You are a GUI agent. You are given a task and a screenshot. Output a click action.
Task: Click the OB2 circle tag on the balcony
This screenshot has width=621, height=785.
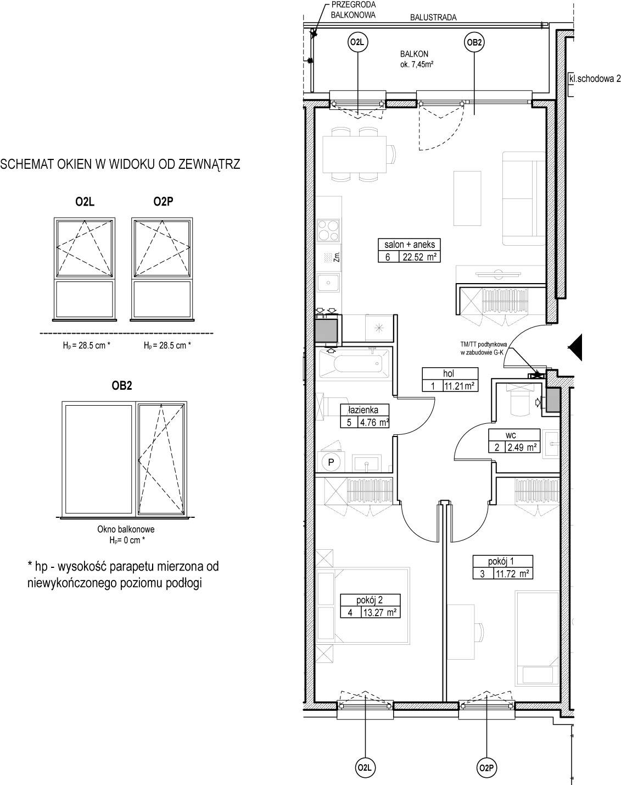(474, 42)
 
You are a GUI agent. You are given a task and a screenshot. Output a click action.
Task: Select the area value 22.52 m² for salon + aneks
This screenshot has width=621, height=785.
(419, 257)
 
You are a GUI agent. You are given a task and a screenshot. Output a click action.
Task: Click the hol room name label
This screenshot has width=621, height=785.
(449, 373)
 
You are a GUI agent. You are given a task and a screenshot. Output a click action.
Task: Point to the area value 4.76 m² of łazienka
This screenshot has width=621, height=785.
(373, 422)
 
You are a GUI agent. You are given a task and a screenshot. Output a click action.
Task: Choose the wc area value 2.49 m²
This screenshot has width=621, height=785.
(522, 447)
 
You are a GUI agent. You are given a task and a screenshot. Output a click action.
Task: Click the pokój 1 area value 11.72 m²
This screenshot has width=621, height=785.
(512, 574)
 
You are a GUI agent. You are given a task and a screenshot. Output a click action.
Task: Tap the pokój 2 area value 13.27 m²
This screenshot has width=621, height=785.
(379, 612)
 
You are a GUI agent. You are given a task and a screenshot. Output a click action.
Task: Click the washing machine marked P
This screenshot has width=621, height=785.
(331, 462)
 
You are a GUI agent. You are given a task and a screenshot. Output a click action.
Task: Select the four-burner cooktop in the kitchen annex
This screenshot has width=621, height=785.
(328, 230)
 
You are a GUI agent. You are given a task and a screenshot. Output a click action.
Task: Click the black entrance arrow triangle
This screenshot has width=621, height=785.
(575, 348)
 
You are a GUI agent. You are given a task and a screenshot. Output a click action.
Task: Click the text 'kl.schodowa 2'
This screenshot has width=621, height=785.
(595, 79)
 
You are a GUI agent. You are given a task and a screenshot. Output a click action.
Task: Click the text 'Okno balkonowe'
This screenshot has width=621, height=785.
(126, 529)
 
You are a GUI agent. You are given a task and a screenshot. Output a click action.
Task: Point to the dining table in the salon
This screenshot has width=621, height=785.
(355, 154)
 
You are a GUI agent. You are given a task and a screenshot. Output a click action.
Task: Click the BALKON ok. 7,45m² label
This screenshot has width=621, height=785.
(416, 59)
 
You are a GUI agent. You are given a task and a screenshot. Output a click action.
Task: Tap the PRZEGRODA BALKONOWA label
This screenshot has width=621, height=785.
(353, 10)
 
